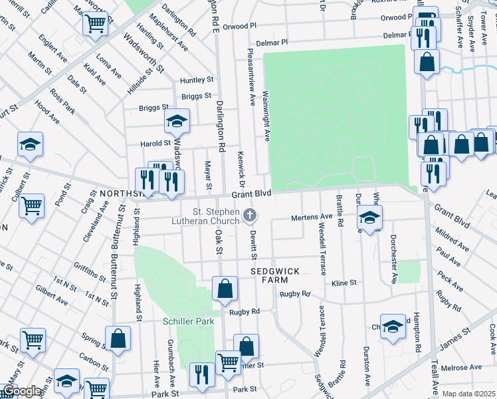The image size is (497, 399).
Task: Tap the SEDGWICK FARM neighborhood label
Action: point(276,277)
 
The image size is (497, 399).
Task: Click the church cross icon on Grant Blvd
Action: point(250,214)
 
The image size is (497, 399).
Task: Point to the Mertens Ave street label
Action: point(312,217)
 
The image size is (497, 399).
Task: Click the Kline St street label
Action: point(344,283)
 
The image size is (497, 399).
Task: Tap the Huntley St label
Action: point(196,80)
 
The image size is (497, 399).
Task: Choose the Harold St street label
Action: point(155,143)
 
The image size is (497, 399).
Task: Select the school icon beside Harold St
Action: point(177,121)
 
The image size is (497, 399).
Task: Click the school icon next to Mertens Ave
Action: point(370,217)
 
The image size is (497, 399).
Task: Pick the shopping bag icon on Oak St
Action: point(225,289)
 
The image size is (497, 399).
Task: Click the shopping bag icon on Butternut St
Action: point(118,338)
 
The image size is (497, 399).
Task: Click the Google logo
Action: point(21,391)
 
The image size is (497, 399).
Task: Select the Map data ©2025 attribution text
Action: point(468,394)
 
